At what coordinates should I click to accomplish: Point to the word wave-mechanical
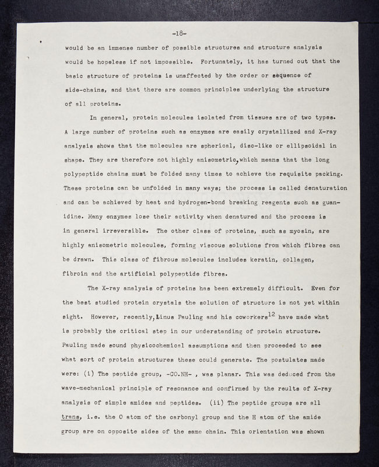click(94, 389)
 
